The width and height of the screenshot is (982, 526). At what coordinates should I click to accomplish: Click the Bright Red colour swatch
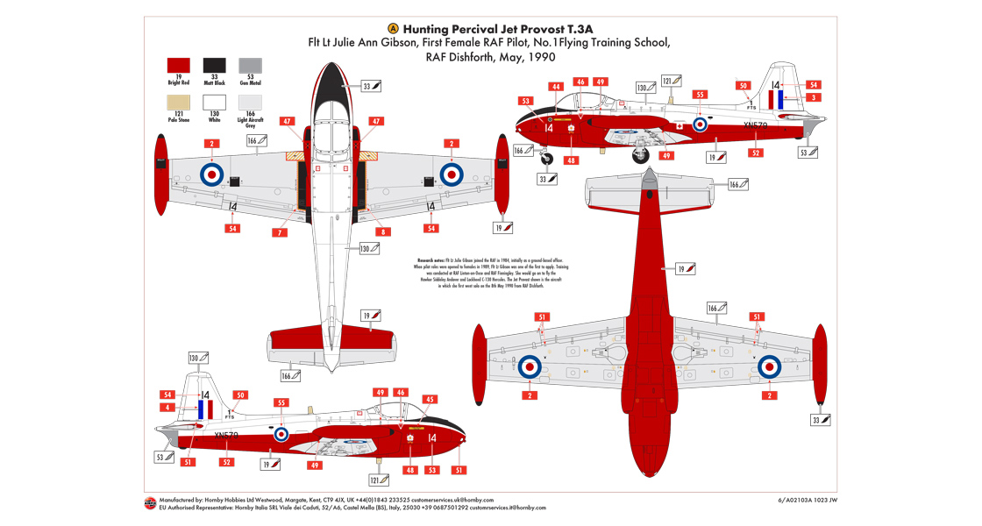point(179,66)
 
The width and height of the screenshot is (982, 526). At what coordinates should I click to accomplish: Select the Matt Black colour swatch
point(215,66)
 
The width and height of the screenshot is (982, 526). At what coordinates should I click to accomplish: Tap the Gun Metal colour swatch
point(250,66)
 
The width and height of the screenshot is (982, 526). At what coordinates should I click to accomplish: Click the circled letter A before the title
point(392,28)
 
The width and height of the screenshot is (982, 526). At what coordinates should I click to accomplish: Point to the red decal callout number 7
point(278,232)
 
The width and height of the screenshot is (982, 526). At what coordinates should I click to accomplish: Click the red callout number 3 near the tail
point(814,98)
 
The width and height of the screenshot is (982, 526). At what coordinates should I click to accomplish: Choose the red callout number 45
point(430,400)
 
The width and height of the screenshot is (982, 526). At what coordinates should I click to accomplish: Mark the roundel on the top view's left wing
point(212,174)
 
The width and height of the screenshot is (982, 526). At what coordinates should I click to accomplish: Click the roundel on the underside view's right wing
point(769,368)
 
